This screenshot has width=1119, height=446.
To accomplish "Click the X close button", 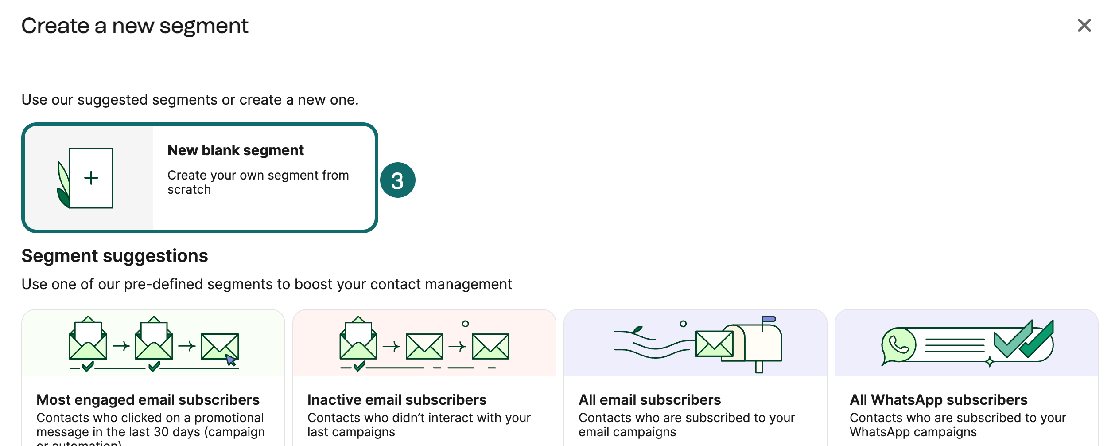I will [1084, 26].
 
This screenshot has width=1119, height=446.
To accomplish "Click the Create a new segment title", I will [135, 26].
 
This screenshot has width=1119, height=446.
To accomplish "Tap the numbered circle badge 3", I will [397, 180].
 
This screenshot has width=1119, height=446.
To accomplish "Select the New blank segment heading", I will [235, 150].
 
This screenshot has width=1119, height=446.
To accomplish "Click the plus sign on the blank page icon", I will [91, 178].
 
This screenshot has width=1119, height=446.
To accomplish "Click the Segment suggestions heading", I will [115, 256].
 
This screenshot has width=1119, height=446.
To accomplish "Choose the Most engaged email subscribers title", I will [148, 399].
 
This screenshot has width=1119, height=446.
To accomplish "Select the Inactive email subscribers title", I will [396, 399].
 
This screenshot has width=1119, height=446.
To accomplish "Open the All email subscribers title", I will [649, 399].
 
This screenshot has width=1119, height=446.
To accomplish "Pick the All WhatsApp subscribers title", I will [938, 399].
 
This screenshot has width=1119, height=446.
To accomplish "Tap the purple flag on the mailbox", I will [769, 319].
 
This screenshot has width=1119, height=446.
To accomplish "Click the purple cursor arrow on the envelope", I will [230, 360].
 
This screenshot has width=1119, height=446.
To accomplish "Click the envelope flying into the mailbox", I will [714, 344].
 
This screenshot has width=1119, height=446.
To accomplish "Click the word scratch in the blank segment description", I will [189, 189].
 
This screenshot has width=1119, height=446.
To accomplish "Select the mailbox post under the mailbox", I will [759, 367].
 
